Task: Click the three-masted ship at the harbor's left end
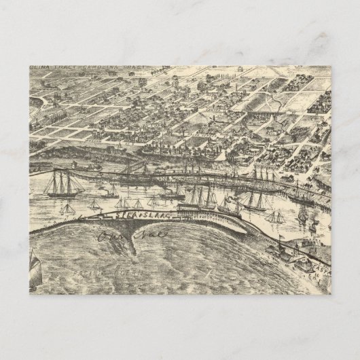62,184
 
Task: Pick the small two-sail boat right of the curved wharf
274,217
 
